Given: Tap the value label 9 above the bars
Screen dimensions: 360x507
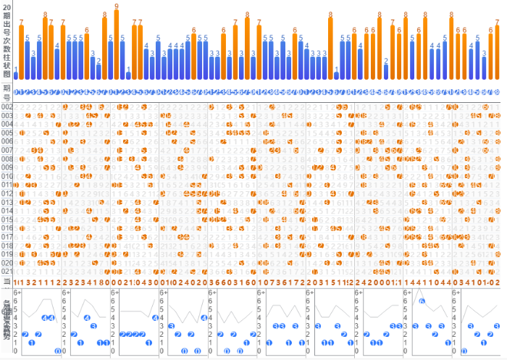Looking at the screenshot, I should click(117, 6).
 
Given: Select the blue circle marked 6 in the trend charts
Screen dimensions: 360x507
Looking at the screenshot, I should click(422, 301).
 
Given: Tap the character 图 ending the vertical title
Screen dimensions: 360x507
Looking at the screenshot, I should click(7, 73).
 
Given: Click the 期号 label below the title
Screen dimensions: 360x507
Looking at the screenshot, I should click(7, 91).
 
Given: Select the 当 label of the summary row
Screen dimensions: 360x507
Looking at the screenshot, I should click(7, 281).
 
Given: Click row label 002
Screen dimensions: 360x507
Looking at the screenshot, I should click(7, 107).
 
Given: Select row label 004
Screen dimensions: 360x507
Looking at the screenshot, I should click(7, 125).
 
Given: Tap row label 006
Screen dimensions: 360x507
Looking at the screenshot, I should click(7, 142).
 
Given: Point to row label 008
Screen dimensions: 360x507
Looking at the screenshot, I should click(7, 159).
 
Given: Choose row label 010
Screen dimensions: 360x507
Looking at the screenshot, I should click(7, 177).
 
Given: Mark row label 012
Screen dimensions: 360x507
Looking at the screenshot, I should click(7, 194).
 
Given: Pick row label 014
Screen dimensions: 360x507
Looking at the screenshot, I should click(7, 212).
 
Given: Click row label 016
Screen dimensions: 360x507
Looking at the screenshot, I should click(7, 229).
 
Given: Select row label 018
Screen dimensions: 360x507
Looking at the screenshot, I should click(7, 246).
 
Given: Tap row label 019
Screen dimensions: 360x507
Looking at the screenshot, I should click(7, 255).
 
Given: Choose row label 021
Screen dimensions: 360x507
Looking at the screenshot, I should click(7, 272).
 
